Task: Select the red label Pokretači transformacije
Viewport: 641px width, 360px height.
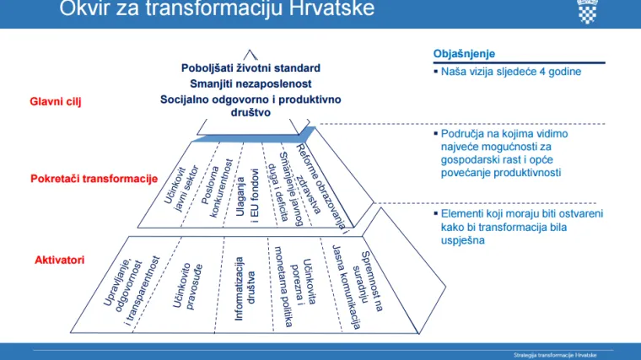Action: pyautogui.click(x=94, y=179)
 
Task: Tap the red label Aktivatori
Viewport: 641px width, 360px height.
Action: pyautogui.click(x=59, y=260)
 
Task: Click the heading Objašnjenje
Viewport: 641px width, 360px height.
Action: pyautogui.click(x=463, y=53)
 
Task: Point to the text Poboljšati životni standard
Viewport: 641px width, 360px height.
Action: pyautogui.click(x=250, y=67)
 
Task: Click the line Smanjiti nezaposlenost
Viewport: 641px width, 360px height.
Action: pyautogui.click(x=250, y=83)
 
